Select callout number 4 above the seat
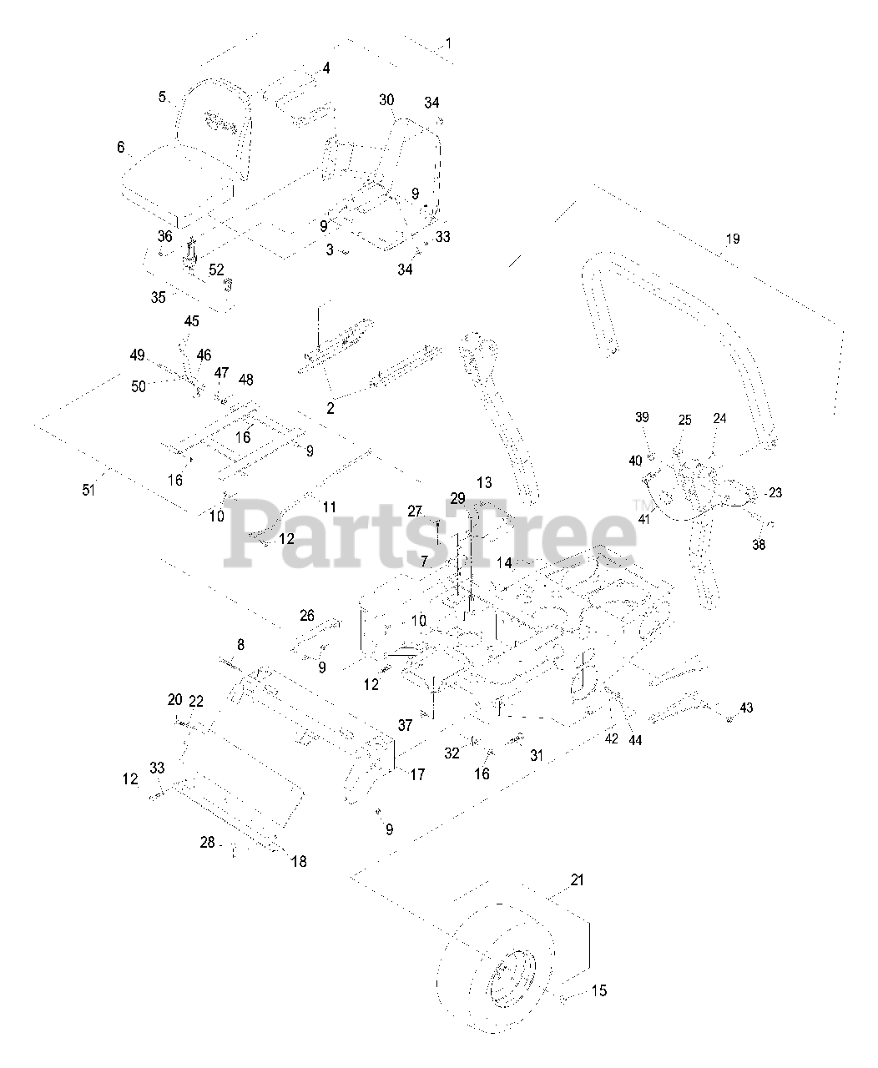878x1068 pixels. coord(326,68)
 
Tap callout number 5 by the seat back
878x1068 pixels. coord(163,97)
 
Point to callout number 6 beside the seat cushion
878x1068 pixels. coord(121,148)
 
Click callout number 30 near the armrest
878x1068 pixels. coord(386,99)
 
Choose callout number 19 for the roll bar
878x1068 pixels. coord(732,239)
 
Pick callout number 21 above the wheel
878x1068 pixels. coord(577,879)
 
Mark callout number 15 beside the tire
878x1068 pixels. coord(599,991)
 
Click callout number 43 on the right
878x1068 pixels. coord(745,708)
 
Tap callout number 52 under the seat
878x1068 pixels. coord(216,270)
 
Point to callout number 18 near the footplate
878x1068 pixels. coord(298,861)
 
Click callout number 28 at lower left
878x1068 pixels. coord(206,843)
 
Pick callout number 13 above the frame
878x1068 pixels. coord(484,483)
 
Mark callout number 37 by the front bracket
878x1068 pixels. coord(405,726)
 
